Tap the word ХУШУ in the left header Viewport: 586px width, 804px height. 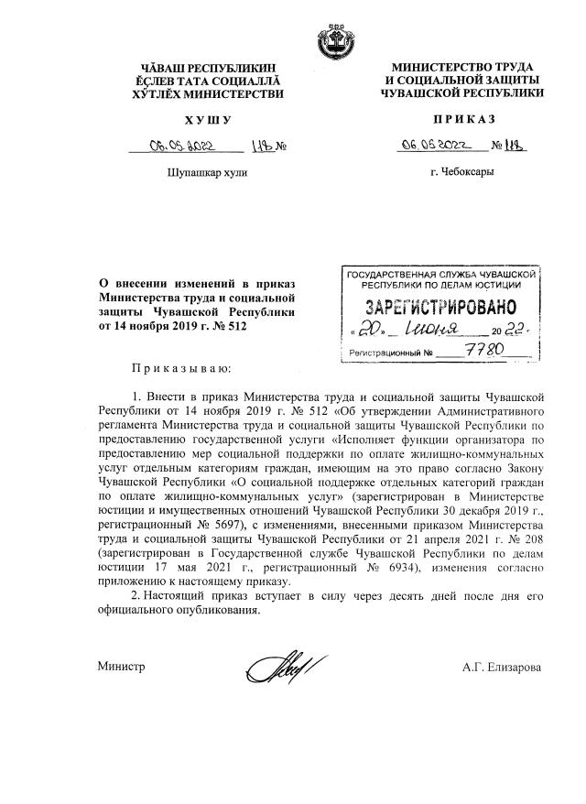point(208,120)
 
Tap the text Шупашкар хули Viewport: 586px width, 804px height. point(208,172)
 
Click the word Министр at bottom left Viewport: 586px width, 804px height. point(122,667)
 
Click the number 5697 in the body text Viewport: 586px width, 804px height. point(239,528)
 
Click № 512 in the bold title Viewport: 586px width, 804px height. point(230,326)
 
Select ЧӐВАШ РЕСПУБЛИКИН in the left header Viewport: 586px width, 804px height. point(208,68)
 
